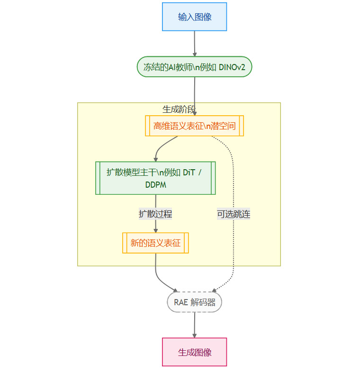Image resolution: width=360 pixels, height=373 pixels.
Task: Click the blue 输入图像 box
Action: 194,17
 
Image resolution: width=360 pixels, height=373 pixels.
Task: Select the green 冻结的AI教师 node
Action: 194,67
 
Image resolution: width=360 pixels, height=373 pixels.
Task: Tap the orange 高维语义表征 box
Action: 194,126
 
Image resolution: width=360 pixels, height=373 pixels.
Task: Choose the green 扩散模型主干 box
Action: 155,178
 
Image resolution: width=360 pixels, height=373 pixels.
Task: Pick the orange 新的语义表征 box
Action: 155,243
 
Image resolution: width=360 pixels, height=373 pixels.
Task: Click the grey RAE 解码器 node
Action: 194,302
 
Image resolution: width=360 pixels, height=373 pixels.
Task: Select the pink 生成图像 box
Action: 194,352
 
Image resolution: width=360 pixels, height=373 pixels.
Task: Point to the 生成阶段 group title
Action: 179,109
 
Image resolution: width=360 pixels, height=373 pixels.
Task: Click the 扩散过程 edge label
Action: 155,214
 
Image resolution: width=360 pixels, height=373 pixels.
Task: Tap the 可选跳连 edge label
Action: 234,214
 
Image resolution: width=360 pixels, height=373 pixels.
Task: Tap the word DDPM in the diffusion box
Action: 155,184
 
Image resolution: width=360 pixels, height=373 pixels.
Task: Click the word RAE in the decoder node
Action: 181,302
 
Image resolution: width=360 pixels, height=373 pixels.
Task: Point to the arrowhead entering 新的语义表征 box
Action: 155,230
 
